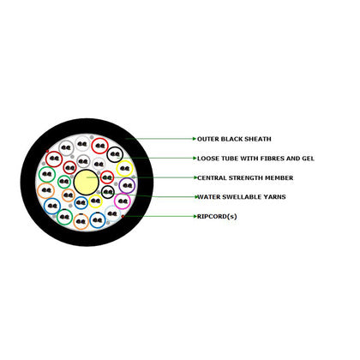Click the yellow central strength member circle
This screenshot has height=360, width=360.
pos(87,182)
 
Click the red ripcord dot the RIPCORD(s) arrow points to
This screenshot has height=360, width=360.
pos(123,217)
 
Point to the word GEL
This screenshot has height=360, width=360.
pos(309,159)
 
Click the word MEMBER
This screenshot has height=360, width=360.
pos(279,178)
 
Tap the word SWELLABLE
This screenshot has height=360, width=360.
pos(242,197)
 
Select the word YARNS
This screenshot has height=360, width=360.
pos(274,197)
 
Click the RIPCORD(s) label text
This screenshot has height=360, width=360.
pos(217,217)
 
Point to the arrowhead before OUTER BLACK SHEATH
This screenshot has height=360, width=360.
pos(195,139)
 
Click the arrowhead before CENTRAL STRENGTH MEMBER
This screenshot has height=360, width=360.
pos(195,177)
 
